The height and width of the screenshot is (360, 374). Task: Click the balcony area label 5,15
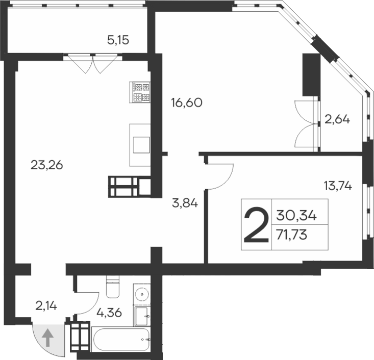(118, 39)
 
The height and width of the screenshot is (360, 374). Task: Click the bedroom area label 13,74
(337, 186)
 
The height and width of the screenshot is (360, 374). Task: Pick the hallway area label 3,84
(184, 204)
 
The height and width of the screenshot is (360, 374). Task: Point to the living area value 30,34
(296, 216)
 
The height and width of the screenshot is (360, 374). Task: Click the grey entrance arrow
(47, 338)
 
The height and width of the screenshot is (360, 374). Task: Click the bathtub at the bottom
(120, 340)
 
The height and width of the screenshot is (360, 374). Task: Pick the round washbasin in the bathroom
(141, 295)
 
